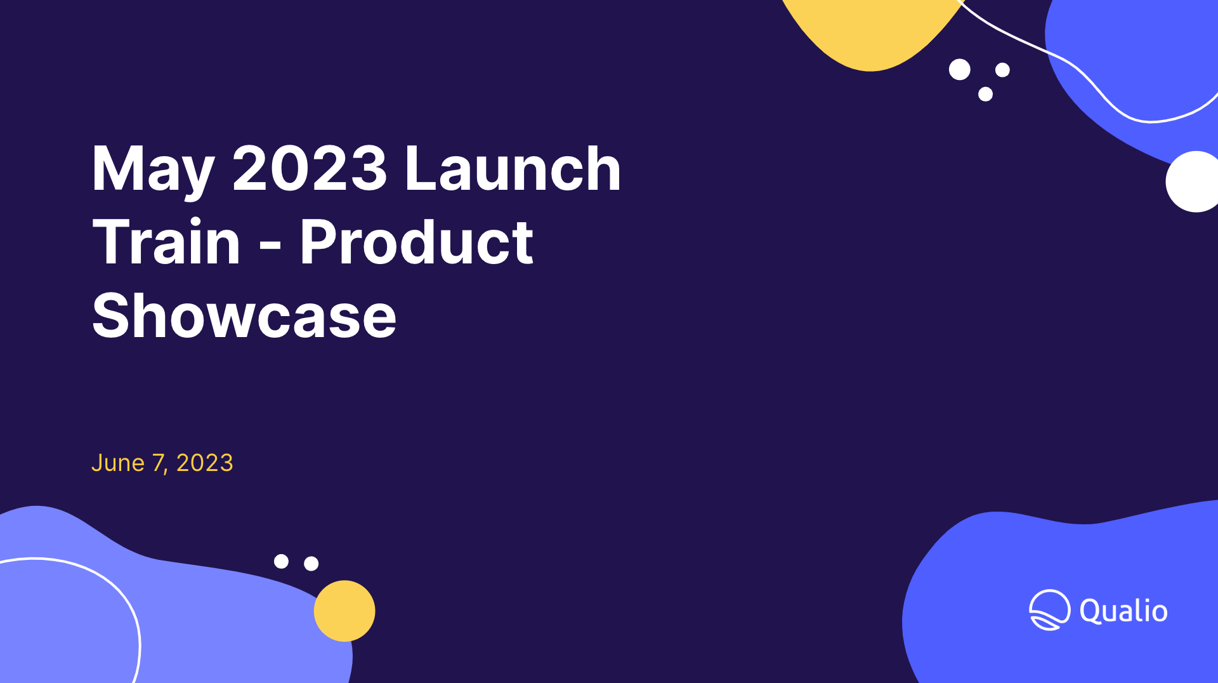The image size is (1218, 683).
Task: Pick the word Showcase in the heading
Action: tap(244, 315)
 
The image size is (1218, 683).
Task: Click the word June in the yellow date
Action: tap(118, 463)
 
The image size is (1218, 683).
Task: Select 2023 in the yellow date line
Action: tap(204, 463)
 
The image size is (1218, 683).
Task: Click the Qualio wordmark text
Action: tap(1123, 611)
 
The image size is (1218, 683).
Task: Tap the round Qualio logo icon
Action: tap(1049, 610)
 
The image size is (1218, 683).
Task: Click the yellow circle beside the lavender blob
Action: tap(344, 611)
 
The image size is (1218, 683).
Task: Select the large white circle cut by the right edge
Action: tap(1193, 182)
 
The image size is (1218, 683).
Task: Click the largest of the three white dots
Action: tap(960, 69)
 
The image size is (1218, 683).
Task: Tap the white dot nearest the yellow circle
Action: tap(311, 564)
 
